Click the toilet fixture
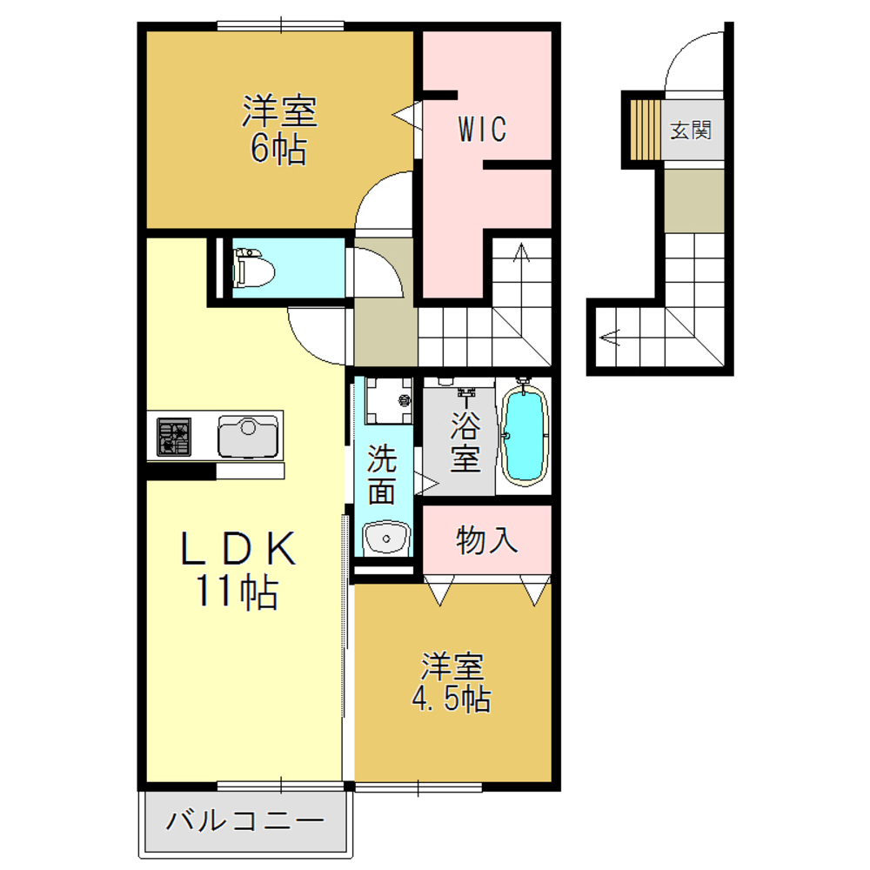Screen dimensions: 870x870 [253, 267]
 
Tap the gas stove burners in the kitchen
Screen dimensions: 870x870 [174, 436]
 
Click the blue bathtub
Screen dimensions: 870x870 [525, 435]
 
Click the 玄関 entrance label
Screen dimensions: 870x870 [692, 130]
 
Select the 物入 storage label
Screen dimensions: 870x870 [487, 540]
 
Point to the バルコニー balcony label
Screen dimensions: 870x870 [246, 820]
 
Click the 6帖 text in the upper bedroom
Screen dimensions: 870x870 [278, 150]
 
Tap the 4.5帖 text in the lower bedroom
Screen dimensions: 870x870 [452, 698]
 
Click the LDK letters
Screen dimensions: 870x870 [238, 550]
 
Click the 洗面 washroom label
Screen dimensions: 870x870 [381, 475]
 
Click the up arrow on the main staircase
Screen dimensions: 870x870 [522, 253]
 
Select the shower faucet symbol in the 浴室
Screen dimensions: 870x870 [467, 399]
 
